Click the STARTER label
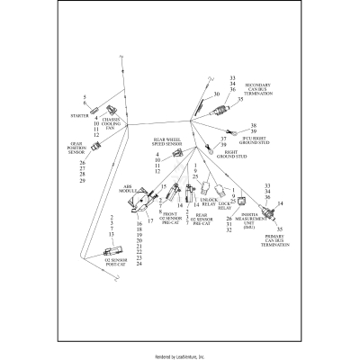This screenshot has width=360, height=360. (77, 116)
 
